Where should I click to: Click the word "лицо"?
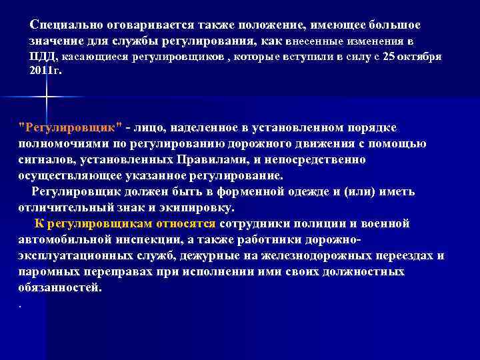click(x=153, y=127)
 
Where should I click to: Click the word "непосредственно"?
click(x=313, y=160)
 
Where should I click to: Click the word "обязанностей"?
click(x=60, y=288)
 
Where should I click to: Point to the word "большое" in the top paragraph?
click(x=388, y=25)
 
